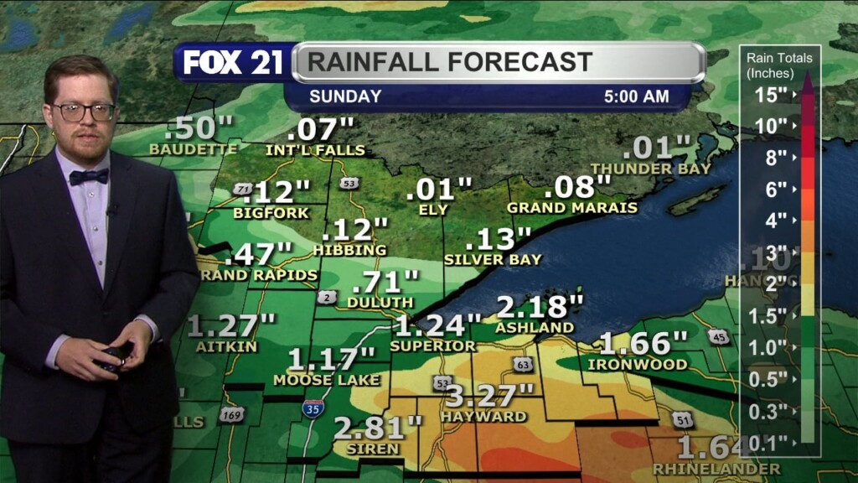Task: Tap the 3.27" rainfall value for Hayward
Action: tap(489, 395)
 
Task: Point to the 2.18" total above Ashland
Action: tap(540, 306)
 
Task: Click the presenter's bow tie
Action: tap(89, 176)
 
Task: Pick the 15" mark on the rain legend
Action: tap(770, 94)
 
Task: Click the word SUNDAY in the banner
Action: tap(345, 96)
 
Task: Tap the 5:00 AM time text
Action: tap(636, 96)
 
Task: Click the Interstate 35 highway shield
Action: tap(310, 408)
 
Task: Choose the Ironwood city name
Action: tap(638, 365)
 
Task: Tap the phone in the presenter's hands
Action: tap(112, 356)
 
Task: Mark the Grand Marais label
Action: tap(572, 207)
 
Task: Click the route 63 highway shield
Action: tap(523, 364)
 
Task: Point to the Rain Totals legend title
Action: tap(779, 65)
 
